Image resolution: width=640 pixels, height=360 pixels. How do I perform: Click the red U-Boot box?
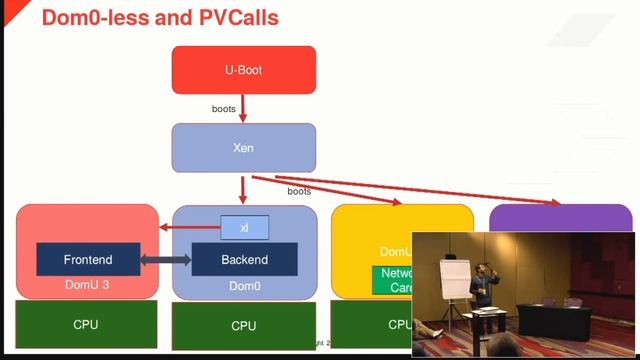point(244,70)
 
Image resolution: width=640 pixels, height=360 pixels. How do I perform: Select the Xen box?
point(244,147)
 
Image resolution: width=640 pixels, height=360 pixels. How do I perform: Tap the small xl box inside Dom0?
point(244,228)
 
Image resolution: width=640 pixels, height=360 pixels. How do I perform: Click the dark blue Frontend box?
point(88,260)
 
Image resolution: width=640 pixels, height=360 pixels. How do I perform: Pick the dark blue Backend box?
point(244,260)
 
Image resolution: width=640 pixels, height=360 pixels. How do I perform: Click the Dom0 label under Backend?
point(244,287)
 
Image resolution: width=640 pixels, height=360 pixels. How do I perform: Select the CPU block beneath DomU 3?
point(87,324)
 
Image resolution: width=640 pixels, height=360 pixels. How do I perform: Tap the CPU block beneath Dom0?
point(244,325)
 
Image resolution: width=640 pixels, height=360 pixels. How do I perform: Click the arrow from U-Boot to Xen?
point(244,108)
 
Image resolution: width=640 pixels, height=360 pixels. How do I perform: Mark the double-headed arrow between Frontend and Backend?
point(165,260)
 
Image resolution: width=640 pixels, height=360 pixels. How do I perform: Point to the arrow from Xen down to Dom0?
point(244,189)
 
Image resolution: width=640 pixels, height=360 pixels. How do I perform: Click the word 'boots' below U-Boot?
point(224,107)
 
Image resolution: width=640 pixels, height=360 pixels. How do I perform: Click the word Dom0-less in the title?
point(96,17)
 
